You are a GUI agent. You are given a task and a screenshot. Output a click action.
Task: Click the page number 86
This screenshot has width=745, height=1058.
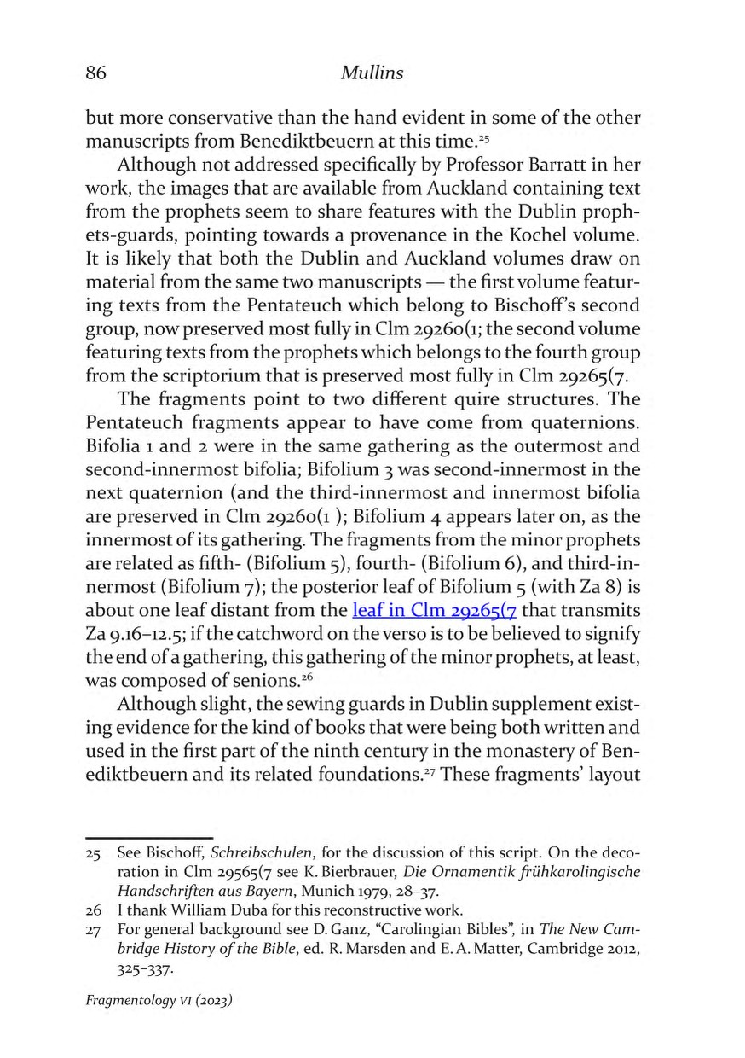coord(95,74)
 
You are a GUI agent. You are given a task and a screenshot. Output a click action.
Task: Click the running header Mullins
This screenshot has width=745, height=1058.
coord(372,74)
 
